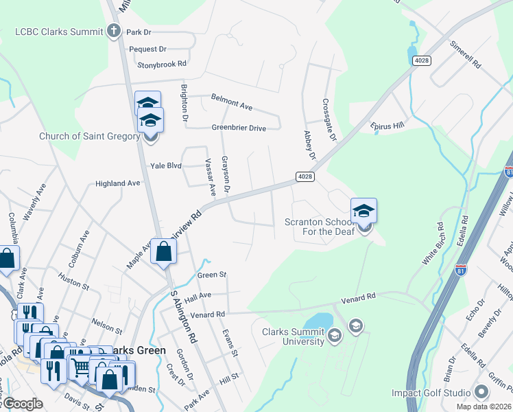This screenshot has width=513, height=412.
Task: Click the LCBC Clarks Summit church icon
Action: tap(114, 32)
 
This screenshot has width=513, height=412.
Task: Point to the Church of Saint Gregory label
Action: tap(89, 136)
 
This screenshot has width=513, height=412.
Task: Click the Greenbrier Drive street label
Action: tap(238, 128)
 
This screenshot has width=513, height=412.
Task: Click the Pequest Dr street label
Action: tap(148, 49)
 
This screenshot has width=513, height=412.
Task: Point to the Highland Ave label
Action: tap(117, 183)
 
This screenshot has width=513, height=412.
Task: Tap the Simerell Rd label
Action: tap(465, 56)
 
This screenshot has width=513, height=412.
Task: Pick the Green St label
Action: tap(212, 275)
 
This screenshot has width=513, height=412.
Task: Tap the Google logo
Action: tap(23, 404)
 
